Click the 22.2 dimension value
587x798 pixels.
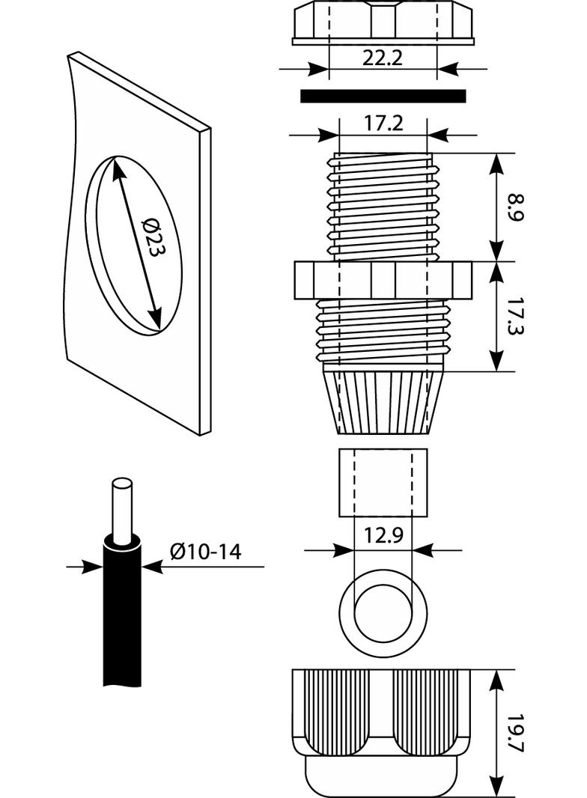click(383, 58)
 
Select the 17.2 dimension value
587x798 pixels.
click(383, 124)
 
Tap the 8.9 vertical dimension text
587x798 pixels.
click(514, 207)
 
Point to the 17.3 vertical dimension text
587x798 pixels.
click(514, 316)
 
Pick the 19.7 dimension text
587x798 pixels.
click(514, 734)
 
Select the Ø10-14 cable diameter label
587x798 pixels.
click(205, 552)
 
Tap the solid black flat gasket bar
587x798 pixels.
click(383, 96)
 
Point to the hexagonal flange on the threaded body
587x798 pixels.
click(383, 280)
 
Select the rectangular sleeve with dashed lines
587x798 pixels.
click(383, 482)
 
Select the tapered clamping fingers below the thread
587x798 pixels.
click(383, 400)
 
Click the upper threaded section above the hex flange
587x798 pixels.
click(383, 206)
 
